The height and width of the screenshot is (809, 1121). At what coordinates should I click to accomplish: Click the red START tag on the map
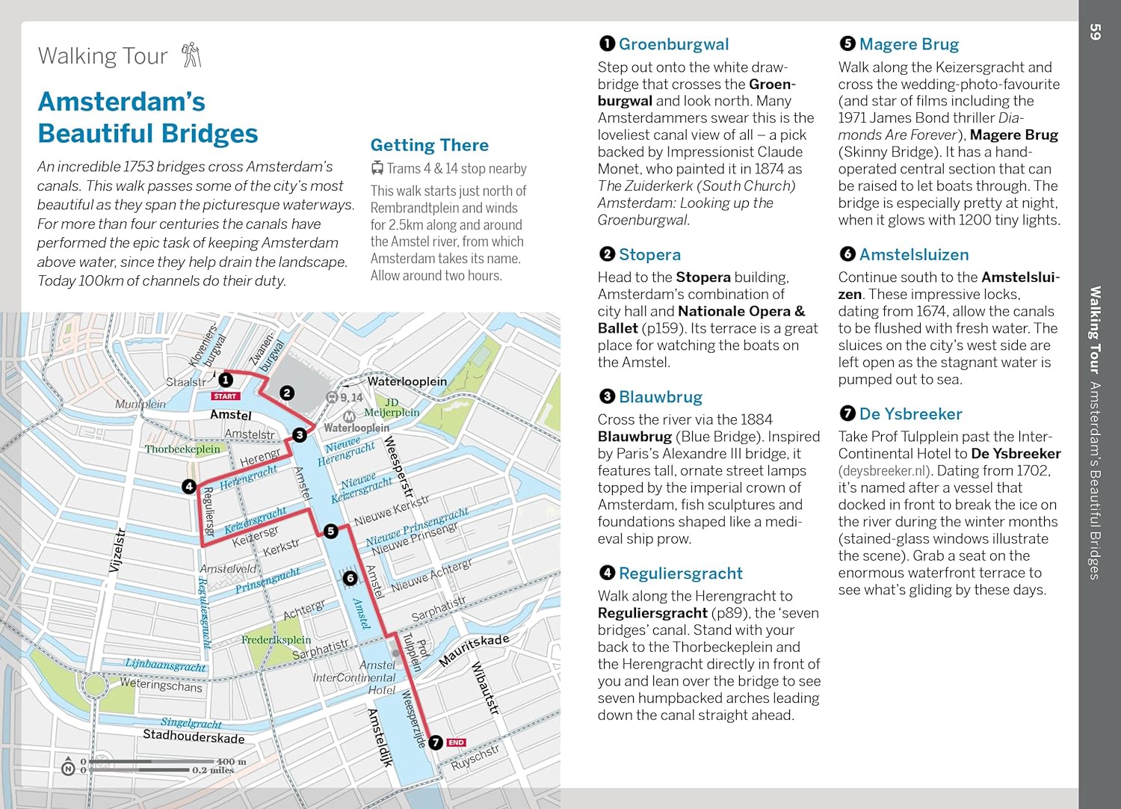click(225, 396)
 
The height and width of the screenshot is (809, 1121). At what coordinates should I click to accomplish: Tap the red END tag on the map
click(456, 742)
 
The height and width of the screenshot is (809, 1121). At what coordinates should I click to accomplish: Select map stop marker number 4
click(189, 487)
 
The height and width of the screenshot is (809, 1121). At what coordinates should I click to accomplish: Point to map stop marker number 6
click(350, 578)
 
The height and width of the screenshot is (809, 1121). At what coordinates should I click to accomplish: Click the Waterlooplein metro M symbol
click(348, 416)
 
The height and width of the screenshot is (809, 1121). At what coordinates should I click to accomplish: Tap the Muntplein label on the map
click(140, 404)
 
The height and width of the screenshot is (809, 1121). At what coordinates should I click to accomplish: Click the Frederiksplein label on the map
click(276, 640)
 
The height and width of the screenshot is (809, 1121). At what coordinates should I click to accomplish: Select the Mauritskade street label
click(474, 649)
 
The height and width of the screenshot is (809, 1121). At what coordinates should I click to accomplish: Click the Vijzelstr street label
click(117, 550)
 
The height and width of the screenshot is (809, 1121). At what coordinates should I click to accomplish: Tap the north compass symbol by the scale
click(68, 767)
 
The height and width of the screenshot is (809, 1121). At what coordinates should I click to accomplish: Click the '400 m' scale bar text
click(231, 761)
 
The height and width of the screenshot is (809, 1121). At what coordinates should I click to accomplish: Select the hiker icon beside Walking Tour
click(192, 55)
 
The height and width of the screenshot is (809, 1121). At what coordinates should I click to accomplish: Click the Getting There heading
click(429, 145)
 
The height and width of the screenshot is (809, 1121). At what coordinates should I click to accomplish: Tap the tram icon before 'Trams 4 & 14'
click(377, 168)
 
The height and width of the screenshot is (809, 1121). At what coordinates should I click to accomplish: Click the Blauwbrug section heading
click(661, 397)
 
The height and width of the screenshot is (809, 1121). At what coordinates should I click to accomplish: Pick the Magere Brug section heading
click(909, 44)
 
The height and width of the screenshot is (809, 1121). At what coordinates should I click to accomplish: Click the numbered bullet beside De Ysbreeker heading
click(847, 413)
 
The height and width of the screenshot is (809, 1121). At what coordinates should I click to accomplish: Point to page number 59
click(1096, 32)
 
